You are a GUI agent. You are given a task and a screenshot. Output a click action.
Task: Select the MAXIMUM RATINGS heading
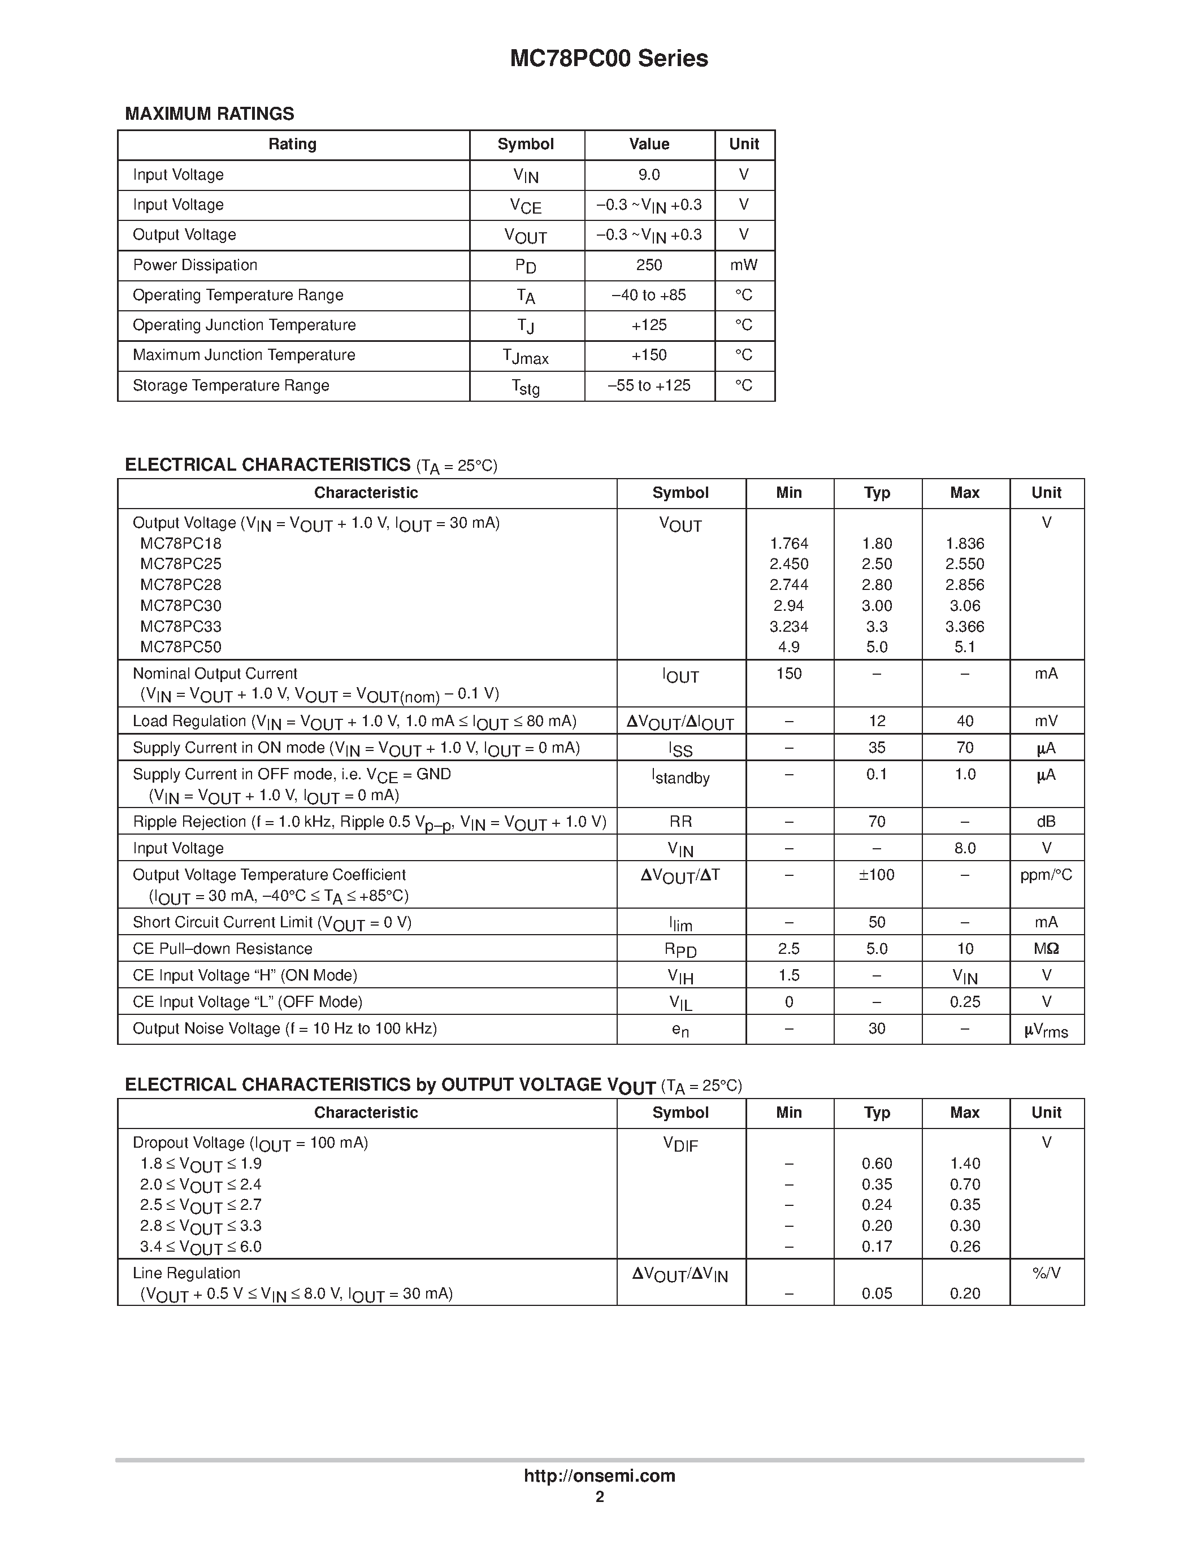point(209,114)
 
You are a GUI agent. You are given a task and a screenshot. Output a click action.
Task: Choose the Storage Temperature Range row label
point(231,385)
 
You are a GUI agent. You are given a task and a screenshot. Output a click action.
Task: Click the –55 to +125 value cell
point(649,385)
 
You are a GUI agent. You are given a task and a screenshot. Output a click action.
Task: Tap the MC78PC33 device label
point(181,627)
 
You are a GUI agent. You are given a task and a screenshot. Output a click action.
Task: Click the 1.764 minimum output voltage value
point(789,544)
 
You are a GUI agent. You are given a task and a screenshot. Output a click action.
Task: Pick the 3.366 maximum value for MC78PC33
point(965,627)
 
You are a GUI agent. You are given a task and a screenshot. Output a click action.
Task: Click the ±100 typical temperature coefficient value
point(877,875)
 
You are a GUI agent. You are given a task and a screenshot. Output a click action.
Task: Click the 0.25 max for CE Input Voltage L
point(965,1002)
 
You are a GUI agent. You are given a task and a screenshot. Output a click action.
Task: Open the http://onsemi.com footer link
point(599,1475)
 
